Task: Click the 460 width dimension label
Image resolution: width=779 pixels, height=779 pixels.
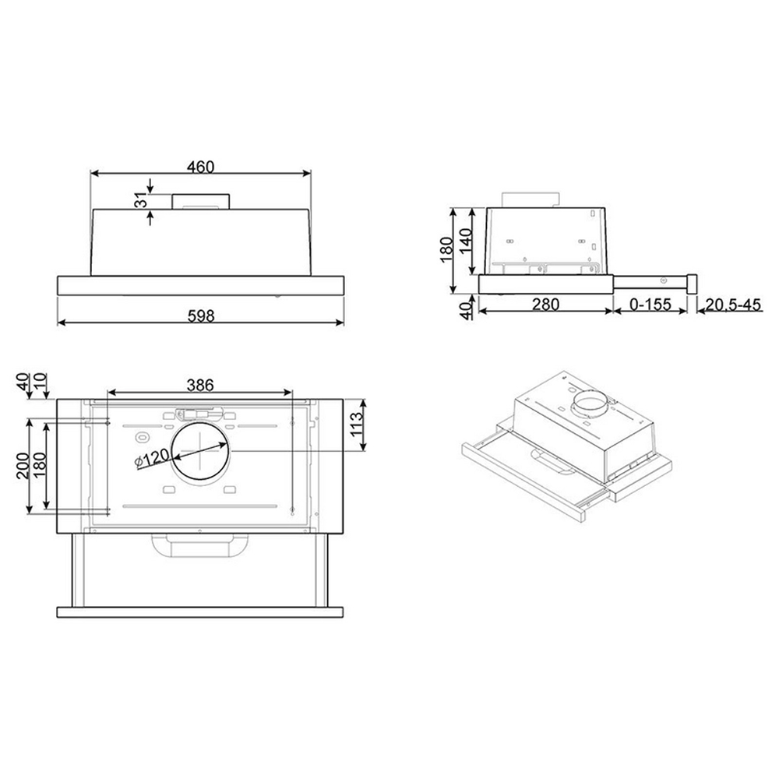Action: (x=201, y=167)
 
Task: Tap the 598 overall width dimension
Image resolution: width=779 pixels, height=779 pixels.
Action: (x=201, y=316)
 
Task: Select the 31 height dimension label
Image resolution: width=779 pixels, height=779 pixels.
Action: (x=142, y=203)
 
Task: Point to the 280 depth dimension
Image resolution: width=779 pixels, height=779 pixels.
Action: (x=545, y=304)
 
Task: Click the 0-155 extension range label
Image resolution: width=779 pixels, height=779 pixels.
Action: (x=650, y=304)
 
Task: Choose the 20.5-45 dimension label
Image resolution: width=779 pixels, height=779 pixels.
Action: (x=733, y=304)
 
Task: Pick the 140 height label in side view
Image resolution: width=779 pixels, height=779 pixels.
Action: (x=466, y=241)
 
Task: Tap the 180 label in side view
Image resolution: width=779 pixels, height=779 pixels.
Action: (x=446, y=250)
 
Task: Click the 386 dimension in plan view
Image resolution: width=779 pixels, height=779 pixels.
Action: (x=200, y=385)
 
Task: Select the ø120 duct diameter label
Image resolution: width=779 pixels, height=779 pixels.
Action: (x=153, y=458)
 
